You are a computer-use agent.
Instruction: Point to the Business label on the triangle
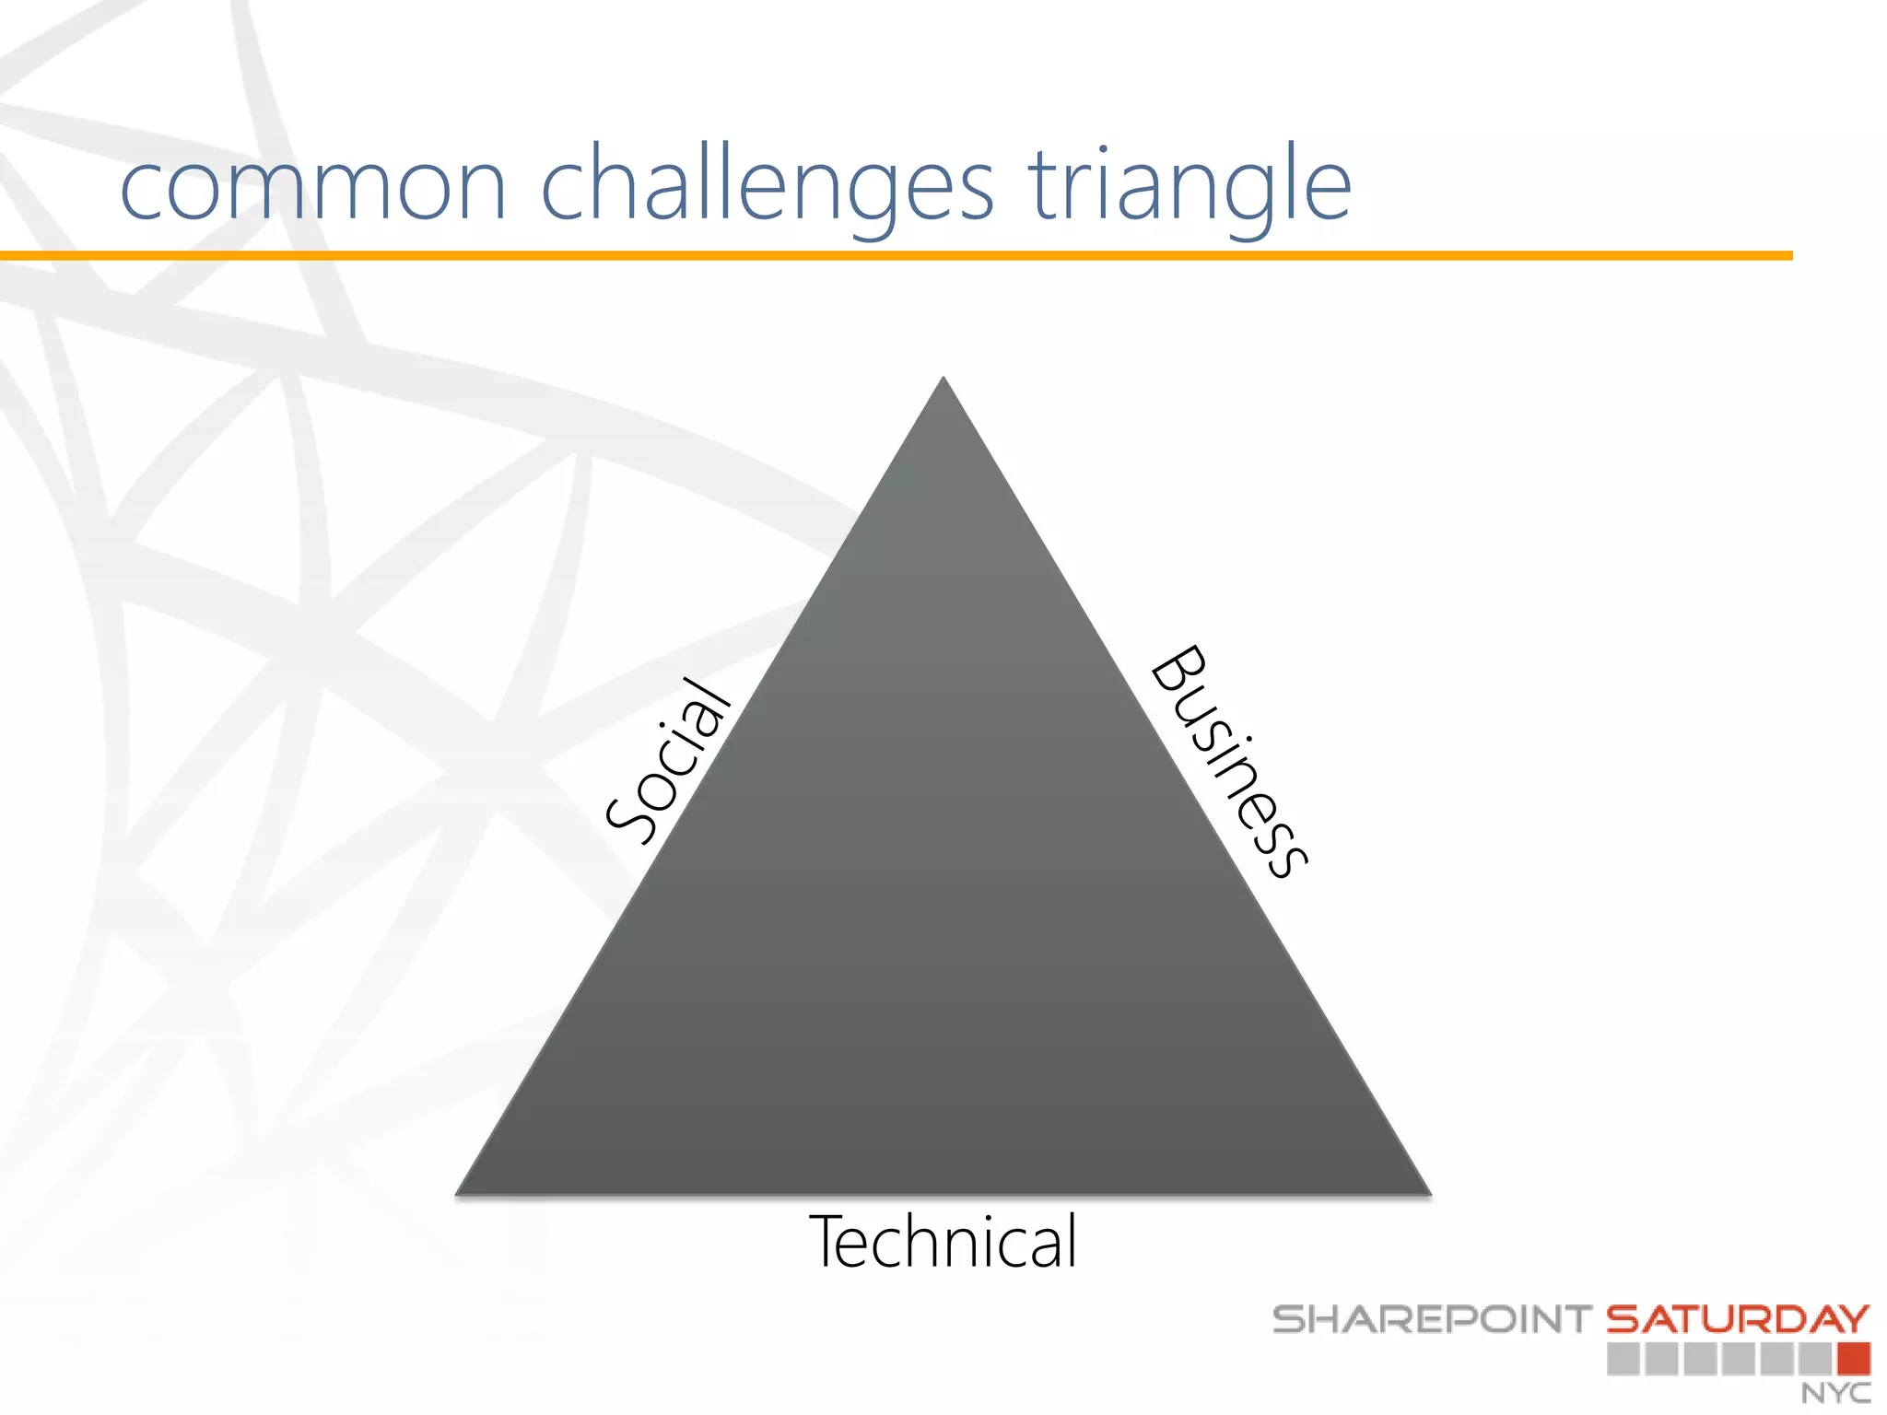1229,761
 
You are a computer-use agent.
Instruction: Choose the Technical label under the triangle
943,1242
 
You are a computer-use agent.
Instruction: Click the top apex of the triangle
943,380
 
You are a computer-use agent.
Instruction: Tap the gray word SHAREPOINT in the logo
1431,1319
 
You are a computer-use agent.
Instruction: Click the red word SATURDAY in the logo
1738,1319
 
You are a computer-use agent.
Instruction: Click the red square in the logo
1853,1359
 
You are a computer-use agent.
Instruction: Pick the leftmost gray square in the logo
1623,1359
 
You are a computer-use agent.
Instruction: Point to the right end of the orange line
1789,255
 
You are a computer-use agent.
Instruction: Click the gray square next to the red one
1815,1359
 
